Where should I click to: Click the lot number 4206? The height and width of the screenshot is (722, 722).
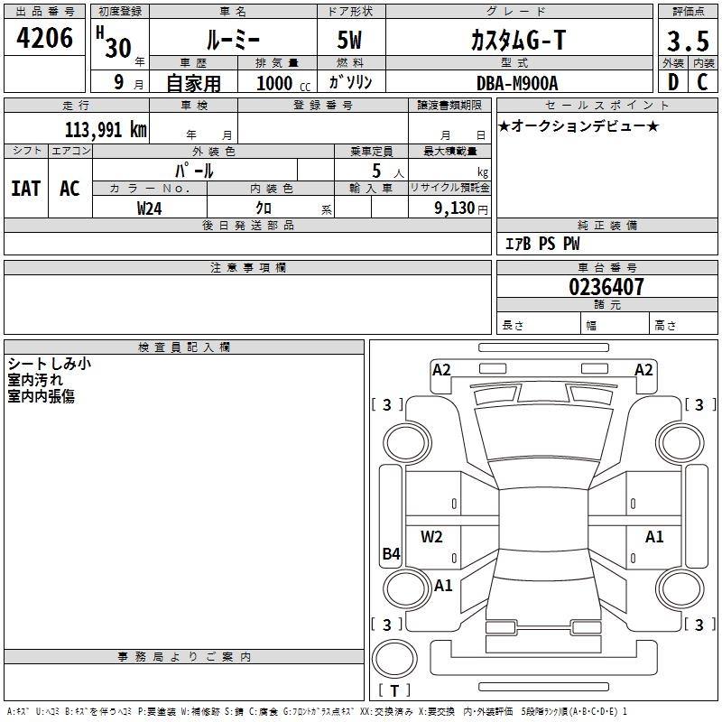point(45,38)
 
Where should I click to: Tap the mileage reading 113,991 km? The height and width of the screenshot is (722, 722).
point(106,129)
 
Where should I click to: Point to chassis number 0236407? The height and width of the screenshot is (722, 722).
point(606,287)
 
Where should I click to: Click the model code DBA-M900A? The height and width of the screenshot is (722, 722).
point(517,83)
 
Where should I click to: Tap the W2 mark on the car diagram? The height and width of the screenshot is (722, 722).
point(432,537)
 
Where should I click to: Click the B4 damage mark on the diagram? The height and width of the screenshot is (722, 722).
point(391,554)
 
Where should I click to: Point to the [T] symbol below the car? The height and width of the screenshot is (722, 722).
point(394,690)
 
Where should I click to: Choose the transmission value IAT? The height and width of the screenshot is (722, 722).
point(25,189)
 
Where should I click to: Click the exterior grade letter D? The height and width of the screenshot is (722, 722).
point(672,83)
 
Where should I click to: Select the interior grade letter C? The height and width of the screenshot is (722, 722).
point(702,83)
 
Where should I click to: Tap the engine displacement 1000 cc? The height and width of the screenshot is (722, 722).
point(282,83)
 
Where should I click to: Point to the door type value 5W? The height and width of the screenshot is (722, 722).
point(351,40)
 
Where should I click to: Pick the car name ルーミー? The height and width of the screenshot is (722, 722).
point(232,40)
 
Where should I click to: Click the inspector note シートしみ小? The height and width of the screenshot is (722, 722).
point(49,364)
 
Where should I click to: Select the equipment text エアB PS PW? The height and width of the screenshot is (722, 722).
point(541,244)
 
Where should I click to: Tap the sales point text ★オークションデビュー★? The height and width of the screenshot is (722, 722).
point(579,125)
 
